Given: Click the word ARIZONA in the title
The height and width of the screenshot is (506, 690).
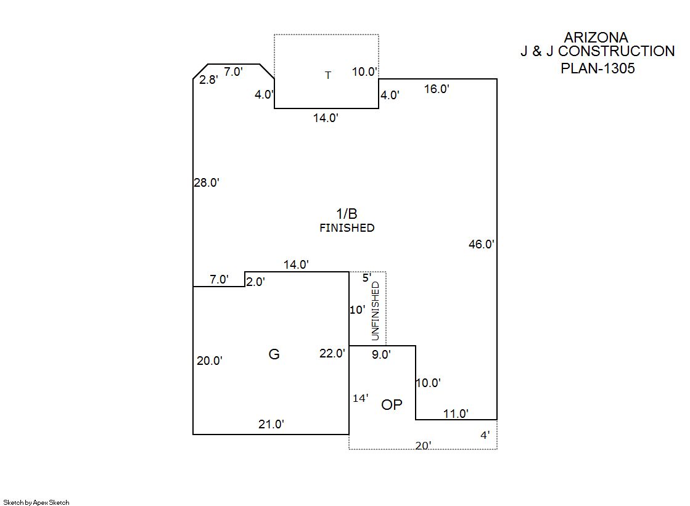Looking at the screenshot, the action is coord(596,38).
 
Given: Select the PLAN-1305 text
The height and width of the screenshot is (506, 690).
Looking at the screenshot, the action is coord(598,68).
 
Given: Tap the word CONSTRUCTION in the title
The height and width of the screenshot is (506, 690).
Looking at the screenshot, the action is coord(616,51).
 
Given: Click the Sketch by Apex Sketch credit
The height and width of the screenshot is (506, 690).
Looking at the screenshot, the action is coord(36,502).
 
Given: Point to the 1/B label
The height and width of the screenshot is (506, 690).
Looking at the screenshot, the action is coord(347,214).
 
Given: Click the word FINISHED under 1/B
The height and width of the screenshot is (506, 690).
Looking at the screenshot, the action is coord(347,228).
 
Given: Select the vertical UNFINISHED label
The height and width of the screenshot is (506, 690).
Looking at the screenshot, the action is coord(375,311).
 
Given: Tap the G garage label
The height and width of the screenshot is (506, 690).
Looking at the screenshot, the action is coord(274,354).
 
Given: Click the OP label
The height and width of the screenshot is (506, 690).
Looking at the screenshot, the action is coord(392,405).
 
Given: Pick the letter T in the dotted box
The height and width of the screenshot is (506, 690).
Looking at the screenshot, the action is coord(328,75).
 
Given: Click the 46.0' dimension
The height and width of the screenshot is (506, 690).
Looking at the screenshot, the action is coord(482,244).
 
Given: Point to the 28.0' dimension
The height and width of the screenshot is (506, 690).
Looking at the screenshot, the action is coord(207,182).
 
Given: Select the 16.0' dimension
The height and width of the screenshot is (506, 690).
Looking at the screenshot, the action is coord(437,89).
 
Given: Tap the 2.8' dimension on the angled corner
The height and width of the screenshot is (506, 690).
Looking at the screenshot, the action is coord(208,80).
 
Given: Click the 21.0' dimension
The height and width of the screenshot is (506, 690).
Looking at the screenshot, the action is coord(271,424).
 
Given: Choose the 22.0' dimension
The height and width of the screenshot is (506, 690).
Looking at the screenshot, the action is coord(332,353).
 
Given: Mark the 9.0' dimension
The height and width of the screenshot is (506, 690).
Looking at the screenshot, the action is coord(381,354).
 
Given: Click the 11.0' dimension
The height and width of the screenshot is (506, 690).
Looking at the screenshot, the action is coord(456,414).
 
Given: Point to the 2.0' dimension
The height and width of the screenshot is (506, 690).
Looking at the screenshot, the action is coord(255,282).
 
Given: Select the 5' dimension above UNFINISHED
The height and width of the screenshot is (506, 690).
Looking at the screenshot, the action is coord(366,278).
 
